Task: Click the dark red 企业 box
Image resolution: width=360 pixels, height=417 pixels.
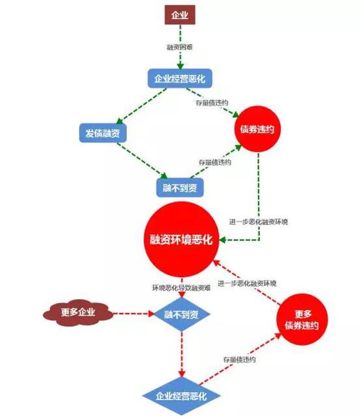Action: click(180, 15)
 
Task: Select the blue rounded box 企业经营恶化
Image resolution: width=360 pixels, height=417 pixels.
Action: click(180, 79)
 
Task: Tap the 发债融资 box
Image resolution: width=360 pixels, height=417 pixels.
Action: click(103, 133)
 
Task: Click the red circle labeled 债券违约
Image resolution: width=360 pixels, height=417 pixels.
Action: click(257, 129)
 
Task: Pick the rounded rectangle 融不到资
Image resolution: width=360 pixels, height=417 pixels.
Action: click(180, 188)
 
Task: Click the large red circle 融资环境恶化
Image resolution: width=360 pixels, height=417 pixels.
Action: click(181, 240)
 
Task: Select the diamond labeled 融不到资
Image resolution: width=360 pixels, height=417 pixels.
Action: click(182, 315)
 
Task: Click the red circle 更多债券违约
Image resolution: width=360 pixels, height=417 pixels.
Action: click(302, 319)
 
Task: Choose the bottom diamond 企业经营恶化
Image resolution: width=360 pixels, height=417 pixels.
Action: click(181, 396)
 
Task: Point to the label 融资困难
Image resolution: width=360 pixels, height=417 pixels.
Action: click(179, 47)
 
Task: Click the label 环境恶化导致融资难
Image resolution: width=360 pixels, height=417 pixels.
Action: click(181, 288)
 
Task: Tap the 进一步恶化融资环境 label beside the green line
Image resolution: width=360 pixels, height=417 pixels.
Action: click(259, 221)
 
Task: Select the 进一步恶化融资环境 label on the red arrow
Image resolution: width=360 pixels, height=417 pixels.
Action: click(247, 283)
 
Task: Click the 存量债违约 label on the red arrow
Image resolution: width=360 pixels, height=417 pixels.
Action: click(240, 359)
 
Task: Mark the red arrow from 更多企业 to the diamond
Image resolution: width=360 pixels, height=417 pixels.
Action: click(134, 314)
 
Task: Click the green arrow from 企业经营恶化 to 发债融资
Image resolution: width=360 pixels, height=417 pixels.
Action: click(141, 106)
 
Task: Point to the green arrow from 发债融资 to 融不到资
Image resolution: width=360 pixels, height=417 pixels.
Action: click(142, 161)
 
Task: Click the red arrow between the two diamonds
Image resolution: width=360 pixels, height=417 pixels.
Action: click(182, 355)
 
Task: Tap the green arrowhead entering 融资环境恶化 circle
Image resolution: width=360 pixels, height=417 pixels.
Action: click(223, 240)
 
